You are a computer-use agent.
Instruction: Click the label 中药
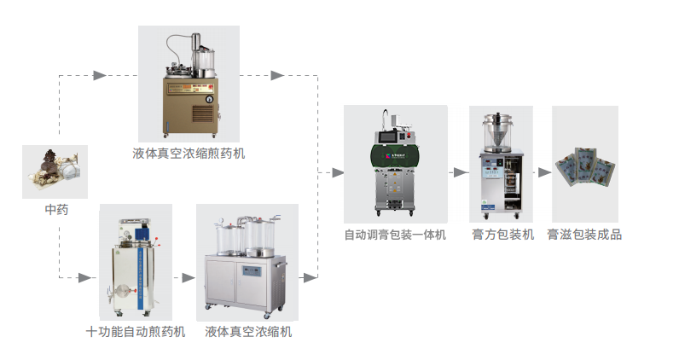coord(56,208)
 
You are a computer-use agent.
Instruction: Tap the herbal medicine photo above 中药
coord(55,171)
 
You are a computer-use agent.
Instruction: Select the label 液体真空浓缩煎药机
coord(189,154)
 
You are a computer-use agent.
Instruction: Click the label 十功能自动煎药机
coord(136,331)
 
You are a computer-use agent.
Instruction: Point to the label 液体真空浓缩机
coord(248,331)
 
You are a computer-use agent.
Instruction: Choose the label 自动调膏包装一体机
coord(395,234)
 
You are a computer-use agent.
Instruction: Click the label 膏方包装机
coord(502,234)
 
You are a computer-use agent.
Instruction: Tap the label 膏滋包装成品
coord(586,234)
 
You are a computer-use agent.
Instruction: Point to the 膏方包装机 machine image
coord(501,164)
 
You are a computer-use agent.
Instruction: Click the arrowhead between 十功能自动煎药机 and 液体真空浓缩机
coord(188,277)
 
